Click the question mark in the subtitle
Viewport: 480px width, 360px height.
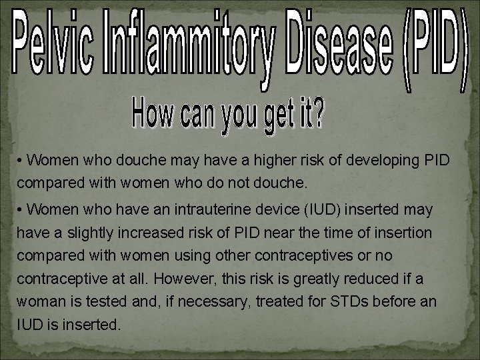tap(319, 115)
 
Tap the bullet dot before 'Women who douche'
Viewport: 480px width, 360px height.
tap(22, 161)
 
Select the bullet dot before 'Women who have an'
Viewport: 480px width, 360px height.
tap(22, 210)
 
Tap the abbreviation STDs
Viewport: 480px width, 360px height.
tap(349, 302)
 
